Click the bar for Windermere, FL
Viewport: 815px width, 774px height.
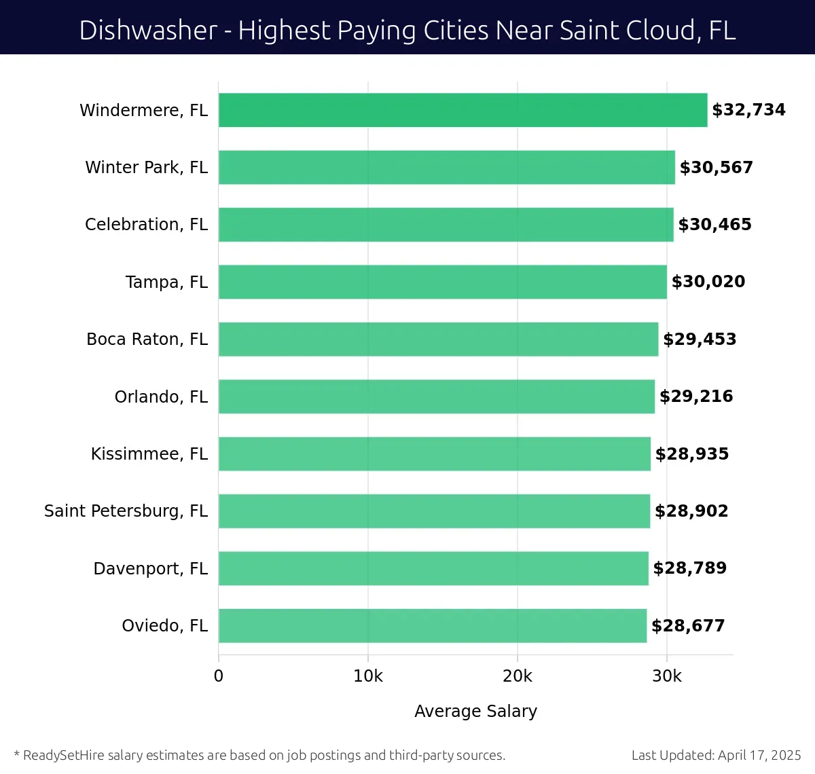(x=463, y=110)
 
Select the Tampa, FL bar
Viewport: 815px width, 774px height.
(x=442, y=282)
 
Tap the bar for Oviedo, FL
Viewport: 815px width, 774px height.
(x=433, y=625)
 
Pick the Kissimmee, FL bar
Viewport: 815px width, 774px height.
(x=435, y=454)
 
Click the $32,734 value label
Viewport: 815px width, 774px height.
(x=748, y=110)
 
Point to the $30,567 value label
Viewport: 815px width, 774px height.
(x=717, y=168)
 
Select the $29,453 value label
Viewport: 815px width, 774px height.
(x=700, y=339)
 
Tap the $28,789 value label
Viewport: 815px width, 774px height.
(x=689, y=568)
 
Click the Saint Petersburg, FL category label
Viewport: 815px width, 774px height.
(x=126, y=511)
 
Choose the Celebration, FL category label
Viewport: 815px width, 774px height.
(x=146, y=225)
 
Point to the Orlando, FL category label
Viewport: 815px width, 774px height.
(x=161, y=397)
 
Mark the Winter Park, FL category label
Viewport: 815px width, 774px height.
(x=146, y=168)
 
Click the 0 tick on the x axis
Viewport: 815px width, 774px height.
(x=219, y=676)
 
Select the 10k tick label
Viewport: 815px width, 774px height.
(x=368, y=676)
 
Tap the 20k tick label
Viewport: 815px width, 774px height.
(x=518, y=676)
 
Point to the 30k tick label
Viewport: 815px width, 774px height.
(x=667, y=676)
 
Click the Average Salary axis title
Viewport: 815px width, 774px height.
(x=475, y=711)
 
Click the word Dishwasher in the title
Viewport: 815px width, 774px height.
(x=148, y=31)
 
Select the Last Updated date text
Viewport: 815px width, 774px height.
(x=716, y=755)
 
